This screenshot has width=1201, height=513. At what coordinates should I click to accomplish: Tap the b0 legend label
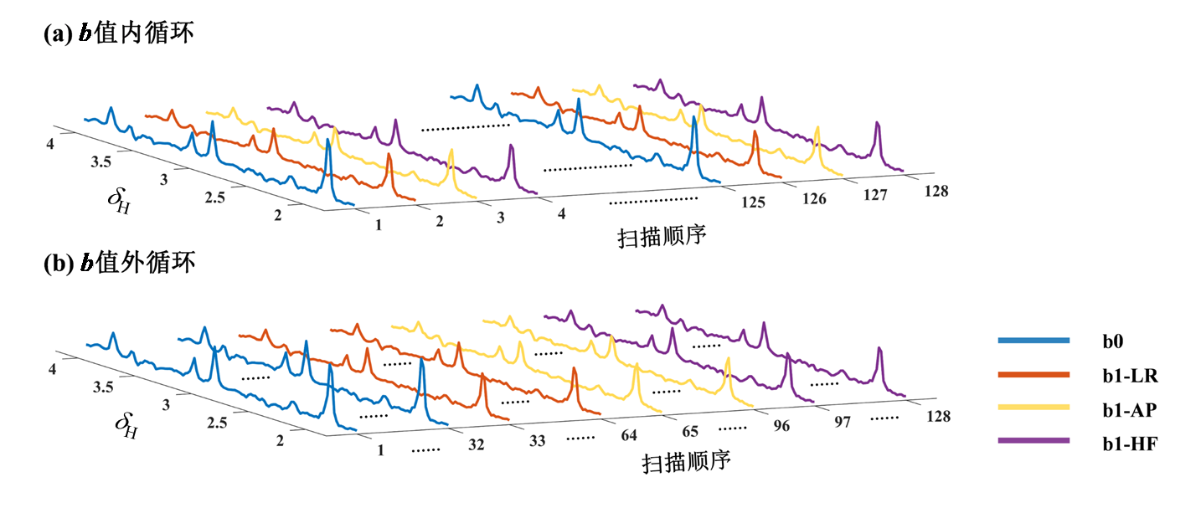tap(1114, 341)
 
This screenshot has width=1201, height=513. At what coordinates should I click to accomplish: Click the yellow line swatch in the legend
tap(1033, 408)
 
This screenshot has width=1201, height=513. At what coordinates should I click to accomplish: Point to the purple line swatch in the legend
tap(1033, 441)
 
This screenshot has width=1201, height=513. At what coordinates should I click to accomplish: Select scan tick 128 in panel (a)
tap(936, 192)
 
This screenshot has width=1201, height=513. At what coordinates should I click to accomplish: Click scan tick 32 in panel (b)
tap(476, 445)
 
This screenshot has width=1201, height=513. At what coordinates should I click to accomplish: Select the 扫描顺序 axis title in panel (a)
tap(662, 235)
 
